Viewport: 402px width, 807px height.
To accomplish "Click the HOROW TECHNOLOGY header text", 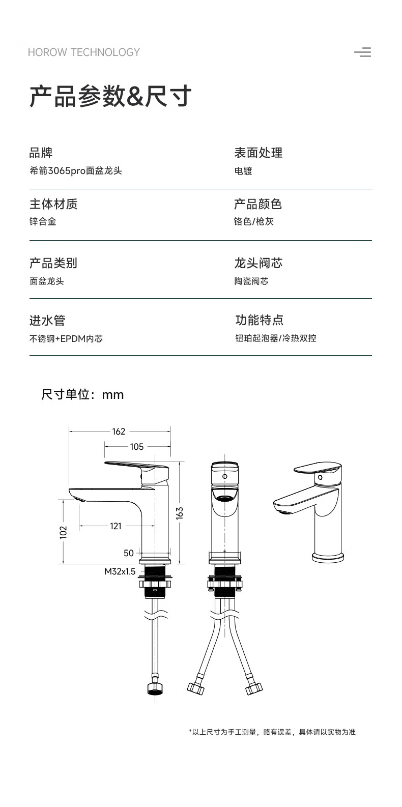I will (83, 52).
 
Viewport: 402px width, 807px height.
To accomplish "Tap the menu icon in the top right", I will (363, 52).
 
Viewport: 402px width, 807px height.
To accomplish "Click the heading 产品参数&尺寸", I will (110, 96).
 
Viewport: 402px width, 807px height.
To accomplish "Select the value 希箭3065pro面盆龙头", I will (76, 170).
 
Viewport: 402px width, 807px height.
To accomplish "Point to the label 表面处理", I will (258, 153).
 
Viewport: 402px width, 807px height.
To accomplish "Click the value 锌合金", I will (43, 221).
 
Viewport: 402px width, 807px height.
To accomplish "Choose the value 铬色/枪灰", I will (254, 221).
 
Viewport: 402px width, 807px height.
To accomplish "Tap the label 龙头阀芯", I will (258, 263).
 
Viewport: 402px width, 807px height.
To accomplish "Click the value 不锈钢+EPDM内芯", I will (66, 338).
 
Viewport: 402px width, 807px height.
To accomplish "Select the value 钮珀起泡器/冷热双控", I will (276, 338).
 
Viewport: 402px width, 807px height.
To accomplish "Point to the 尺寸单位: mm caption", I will (82, 394).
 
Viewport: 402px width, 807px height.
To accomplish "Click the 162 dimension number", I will (119, 431).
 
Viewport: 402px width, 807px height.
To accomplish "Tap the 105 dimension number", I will (137, 447).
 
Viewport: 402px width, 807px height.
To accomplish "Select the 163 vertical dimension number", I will (180, 512).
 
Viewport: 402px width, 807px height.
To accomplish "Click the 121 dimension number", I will (116, 526).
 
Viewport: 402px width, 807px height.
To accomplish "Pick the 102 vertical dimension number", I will (64, 532).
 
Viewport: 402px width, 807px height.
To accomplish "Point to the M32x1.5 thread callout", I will (120, 571).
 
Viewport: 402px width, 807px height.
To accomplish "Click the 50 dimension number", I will (129, 553).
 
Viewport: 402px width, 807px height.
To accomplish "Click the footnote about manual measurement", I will (272, 732).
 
